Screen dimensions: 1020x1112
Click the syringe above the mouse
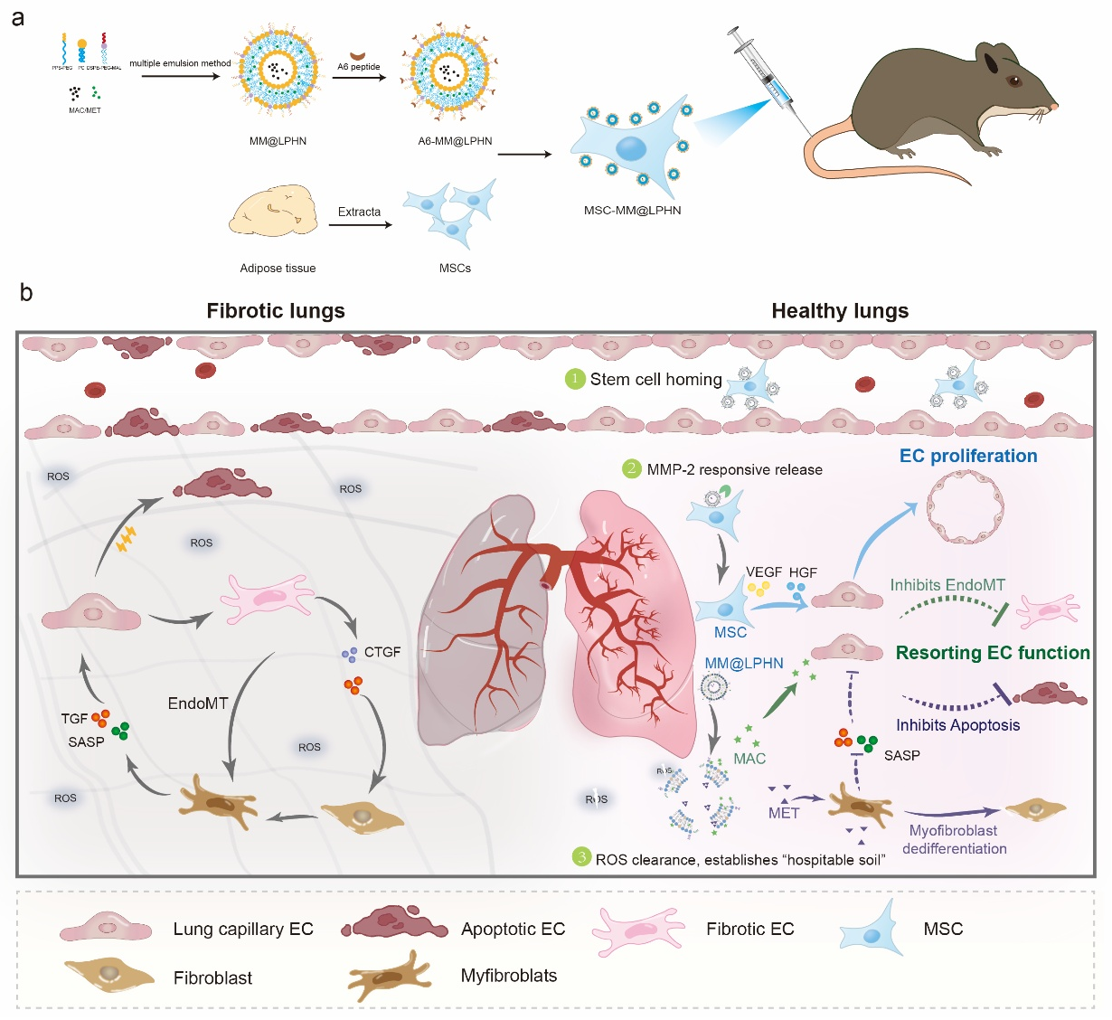point(765,72)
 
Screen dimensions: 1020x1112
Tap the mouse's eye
point(1013,80)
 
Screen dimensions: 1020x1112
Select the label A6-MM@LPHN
point(455,141)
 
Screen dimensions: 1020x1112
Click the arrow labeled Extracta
point(360,224)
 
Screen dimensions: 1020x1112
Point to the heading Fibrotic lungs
point(276,311)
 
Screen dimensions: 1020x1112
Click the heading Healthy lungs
point(840,311)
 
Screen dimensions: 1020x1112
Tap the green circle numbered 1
point(575,379)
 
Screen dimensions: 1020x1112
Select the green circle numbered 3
point(582,857)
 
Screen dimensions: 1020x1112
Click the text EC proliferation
point(968,456)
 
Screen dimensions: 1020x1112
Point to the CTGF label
point(382,652)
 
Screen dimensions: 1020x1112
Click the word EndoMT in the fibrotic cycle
point(198,704)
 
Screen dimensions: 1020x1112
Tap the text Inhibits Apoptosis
point(957,725)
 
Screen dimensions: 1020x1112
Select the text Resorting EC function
point(993,653)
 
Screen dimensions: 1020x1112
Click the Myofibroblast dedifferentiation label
point(954,839)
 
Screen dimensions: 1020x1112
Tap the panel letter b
point(26,292)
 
